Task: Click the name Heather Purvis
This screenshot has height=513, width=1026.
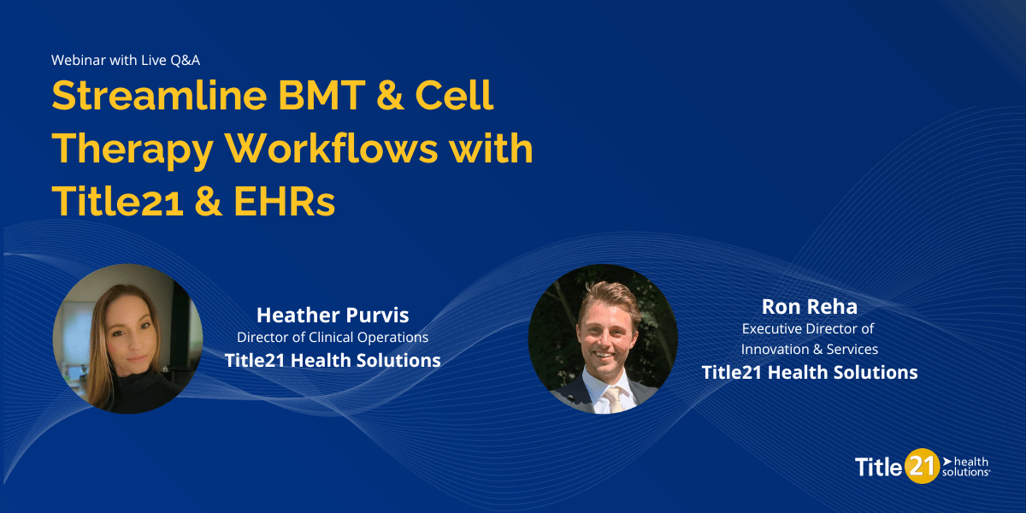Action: point(333,315)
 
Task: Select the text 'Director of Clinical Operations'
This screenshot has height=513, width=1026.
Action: point(333,338)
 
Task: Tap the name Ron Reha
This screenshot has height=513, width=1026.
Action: point(809,306)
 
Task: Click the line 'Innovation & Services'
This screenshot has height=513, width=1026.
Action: point(809,349)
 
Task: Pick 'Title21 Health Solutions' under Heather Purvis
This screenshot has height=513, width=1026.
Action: point(333,360)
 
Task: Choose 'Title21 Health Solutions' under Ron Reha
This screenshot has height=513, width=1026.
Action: point(809,372)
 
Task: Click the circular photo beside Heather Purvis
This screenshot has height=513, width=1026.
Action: point(127,339)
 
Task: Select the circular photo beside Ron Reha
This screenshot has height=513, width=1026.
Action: point(603,339)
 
